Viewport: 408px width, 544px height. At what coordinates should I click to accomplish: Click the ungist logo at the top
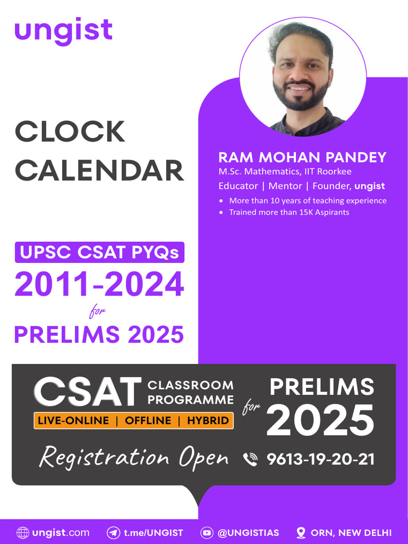(63, 30)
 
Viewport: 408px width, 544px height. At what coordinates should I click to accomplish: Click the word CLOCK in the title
(70, 132)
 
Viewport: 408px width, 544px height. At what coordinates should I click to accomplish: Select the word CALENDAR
(99, 171)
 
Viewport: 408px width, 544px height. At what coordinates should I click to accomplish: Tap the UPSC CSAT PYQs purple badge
(99, 252)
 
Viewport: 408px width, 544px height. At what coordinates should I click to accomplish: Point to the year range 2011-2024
(99, 284)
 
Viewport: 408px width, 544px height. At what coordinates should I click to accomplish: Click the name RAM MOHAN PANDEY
(302, 157)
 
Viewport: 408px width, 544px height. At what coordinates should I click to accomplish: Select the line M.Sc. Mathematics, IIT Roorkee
(285, 172)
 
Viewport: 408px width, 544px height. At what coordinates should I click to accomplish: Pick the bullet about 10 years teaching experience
(308, 201)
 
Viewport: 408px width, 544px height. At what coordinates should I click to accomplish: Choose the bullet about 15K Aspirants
(288, 212)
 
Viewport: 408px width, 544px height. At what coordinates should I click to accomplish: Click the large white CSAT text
(88, 393)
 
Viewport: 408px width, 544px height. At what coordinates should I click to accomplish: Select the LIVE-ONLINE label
(73, 421)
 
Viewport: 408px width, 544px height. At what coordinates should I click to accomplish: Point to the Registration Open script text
(134, 458)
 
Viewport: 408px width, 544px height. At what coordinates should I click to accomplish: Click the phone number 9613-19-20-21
(320, 459)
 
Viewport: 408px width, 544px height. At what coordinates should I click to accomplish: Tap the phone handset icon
(250, 459)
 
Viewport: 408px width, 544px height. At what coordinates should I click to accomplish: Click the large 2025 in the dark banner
(320, 420)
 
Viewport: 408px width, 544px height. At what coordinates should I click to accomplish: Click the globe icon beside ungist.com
(23, 532)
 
